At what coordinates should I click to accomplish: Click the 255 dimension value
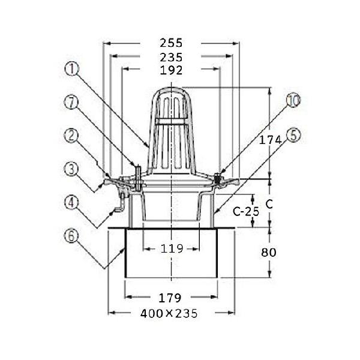coord(171,43)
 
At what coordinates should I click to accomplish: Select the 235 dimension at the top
coord(171,57)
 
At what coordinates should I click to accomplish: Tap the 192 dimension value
coord(171,70)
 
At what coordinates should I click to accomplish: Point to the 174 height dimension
coord(270,140)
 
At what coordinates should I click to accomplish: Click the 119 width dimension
coord(172,248)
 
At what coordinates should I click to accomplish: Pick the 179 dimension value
coord(170,298)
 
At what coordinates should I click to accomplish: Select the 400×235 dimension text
coord(169,313)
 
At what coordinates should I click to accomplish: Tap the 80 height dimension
coord(269,253)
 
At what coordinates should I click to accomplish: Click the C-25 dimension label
coord(246,211)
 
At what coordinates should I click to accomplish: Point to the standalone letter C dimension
coord(269,203)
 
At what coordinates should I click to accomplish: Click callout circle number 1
coord(71,69)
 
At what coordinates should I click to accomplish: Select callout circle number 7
coord(71,103)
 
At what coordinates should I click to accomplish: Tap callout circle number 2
coord(71,135)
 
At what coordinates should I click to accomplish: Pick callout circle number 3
coord(71,169)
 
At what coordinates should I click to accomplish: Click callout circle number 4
coord(71,203)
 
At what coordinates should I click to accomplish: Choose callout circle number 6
coord(71,236)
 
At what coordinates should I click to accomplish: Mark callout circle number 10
coord(293,100)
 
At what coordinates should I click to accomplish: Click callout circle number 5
coord(293,135)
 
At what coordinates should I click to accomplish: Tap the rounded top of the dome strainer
coord(171,88)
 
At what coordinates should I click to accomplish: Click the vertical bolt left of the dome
coord(138,178)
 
